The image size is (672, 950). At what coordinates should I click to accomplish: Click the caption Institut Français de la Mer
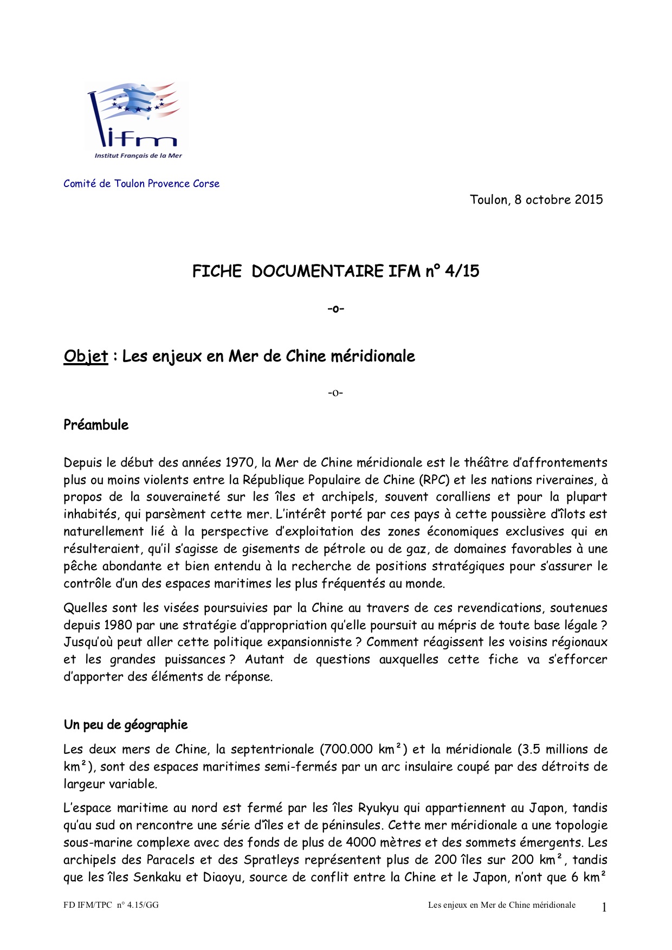tap(138, 156)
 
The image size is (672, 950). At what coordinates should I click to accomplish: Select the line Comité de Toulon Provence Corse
tap(141, 184)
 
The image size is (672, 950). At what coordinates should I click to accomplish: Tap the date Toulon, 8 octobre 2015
tap(536, 200)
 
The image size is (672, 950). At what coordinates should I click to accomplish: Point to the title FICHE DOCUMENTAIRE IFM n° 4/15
tap(335, 271)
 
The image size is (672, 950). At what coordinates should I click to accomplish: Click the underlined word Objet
tap(86, 357)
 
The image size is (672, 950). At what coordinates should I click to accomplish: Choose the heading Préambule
tap(96, 425)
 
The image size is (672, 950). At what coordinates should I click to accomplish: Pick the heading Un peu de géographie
tap(126, 725)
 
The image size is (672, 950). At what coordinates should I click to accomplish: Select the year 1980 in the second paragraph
tap(118, 625)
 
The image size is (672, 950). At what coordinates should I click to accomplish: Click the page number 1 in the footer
tap(604, 907)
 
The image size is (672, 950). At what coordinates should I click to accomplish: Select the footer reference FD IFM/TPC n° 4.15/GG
tap(111, 905)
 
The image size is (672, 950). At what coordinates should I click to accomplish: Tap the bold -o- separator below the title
tap(335, 309)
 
